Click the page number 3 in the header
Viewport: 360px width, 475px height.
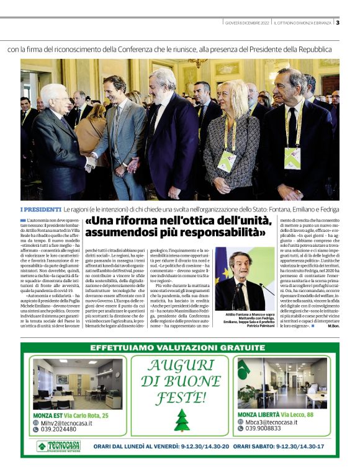(337, 22)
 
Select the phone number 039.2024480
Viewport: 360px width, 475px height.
(60, 429)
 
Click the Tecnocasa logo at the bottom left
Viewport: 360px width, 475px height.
(58, 446)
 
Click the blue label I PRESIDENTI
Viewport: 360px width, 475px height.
(41, 209)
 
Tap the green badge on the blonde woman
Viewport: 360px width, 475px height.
(227, 161)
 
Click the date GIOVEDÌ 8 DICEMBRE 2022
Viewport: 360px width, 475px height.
(247, 22)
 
